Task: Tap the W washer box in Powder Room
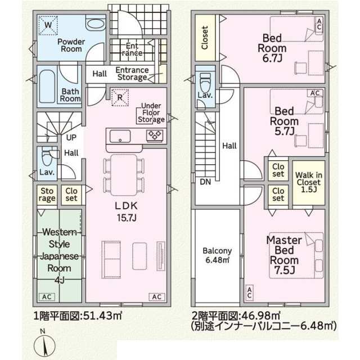48,25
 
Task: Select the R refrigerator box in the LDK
120,97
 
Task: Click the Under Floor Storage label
151,112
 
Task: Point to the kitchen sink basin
120,136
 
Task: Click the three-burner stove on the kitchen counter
155,135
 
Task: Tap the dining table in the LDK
124,175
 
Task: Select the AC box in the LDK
157,296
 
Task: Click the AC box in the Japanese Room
47,296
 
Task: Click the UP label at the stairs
71,137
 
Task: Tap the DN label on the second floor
205,182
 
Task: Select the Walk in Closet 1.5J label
309,182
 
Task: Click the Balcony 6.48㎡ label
217,255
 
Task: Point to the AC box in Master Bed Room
250,292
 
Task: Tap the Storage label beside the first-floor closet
47,195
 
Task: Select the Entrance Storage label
132,74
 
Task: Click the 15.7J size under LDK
127,218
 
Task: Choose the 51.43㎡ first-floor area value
102,316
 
